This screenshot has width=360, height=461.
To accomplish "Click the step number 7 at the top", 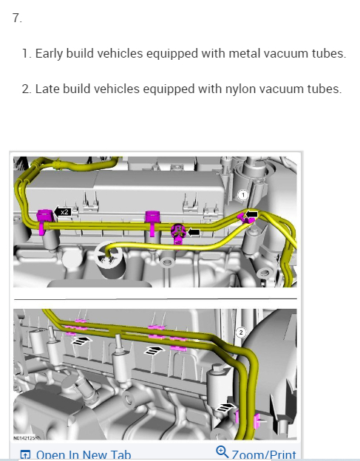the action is click(17, 18).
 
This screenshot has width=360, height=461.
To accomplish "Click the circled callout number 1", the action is click(242, 195).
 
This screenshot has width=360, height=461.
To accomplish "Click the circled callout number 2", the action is click(241, 332).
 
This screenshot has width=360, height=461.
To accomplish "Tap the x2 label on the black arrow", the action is click(64, 212).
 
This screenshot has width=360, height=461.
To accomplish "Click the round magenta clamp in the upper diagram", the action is click(178, 233).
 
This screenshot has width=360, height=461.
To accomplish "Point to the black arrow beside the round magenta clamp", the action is click(194, 232).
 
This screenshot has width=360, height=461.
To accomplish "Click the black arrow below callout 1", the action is click(252, 214).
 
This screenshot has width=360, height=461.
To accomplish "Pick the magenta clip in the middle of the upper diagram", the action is click(152, 222).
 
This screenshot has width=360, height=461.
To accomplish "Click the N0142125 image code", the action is click(24, 438).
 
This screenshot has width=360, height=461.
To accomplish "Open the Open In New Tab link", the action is click(84, 454).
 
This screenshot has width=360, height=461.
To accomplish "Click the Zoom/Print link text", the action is click(264, 454).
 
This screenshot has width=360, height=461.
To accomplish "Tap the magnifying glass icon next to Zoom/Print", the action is click(222, 452).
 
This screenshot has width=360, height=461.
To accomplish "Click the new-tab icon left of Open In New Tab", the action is click(25, 455).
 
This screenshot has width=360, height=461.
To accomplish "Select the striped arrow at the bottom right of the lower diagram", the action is click(226, 407).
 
